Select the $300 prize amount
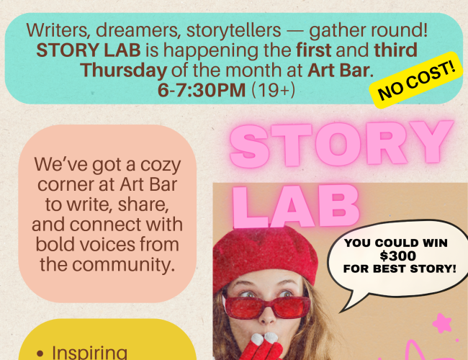[396, 256]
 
